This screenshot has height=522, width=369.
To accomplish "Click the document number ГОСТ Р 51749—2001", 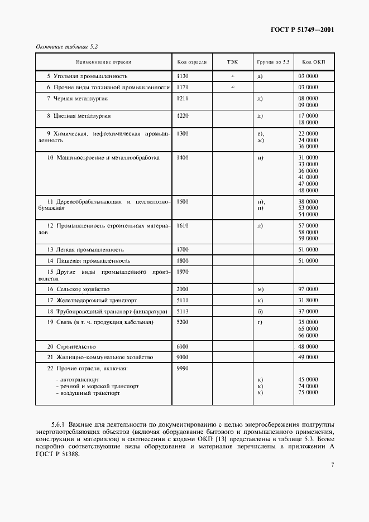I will point(302,30).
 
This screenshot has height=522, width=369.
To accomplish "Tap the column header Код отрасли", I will point(191,62).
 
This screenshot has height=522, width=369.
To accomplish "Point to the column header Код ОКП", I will point(308,62).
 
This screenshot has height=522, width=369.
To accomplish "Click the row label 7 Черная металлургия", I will point(70,99).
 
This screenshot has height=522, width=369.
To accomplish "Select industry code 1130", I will point(183,76).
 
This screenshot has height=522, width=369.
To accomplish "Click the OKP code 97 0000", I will point(308,289).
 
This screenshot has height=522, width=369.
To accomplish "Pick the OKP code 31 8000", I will point(308,301).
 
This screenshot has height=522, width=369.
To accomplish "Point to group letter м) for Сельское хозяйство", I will point(261,289).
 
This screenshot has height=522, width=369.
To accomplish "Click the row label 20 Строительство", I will point(71,346).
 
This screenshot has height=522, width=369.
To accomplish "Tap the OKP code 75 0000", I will point(308,393).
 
